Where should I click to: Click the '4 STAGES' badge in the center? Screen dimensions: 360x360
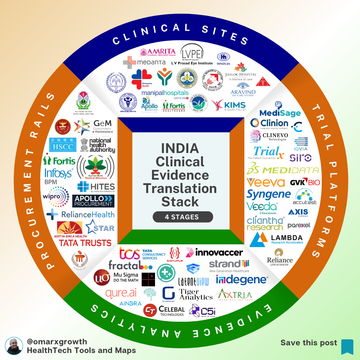pos(179,216)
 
